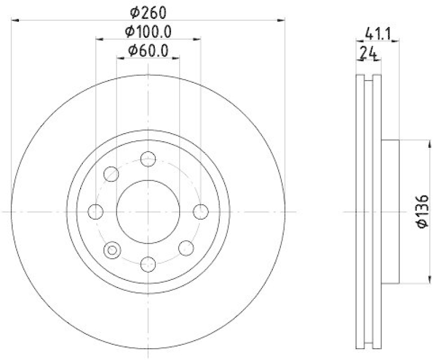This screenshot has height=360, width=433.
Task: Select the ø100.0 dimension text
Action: [148, 31]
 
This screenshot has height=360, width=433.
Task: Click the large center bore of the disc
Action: [148, 211]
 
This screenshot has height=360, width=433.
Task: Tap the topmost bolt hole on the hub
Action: [148, 159]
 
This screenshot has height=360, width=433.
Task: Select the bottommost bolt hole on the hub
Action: [148, 264]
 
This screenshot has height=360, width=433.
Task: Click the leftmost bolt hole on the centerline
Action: [96, 211]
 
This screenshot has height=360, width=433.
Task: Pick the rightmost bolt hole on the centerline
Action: [200, 211]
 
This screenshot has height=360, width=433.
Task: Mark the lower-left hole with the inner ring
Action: [112, 249]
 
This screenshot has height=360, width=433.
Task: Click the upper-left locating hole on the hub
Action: [111, 174]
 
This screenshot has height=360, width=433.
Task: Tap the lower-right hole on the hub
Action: [186, 248]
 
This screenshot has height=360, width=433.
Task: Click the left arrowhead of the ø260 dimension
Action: [14, 21]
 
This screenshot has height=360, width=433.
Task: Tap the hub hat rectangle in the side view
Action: [390, 211]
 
